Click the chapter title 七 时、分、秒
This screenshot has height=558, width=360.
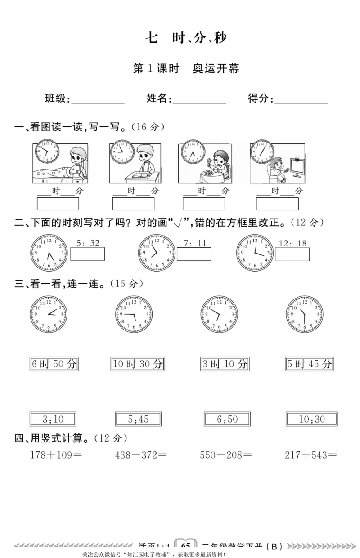pyautogui.click(x=186, y=38)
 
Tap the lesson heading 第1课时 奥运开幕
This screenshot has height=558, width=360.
pyautogui.click(x=186, y=69)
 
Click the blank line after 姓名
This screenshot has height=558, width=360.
pyautogui.click(x=199, y=100)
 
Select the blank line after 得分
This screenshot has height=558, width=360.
pyautogui.click(x=301, y=100)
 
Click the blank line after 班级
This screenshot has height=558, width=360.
pyautogui.click(x=98, y=100)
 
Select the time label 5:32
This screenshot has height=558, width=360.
pyautogui.click(x=88, y=243)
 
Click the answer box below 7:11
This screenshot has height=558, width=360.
pyautogui.click(x=194, y=254)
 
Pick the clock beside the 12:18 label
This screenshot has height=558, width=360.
pyautogui.click(x=254, y=253)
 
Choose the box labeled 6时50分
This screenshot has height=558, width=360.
pyautogui.click(x=54, y=364)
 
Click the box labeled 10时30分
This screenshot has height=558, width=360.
pyautogui.click(x=138, y=364)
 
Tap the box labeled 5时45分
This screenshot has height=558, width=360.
pyautogui.click(x=310, y=364)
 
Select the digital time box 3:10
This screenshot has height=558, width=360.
pyautogui.click(x=53, y=420)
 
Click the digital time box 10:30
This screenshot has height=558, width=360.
pyautogui.click(x=312, y=420)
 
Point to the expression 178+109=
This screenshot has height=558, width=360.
pyautogui.click(x=56, y=455)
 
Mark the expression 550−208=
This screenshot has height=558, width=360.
pyautogui.click(x=225, y=455)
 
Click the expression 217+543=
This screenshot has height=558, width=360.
pyautogui.click(x=311, y=455)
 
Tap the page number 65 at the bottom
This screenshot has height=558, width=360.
pyautogui.click(x=185, y=545)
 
